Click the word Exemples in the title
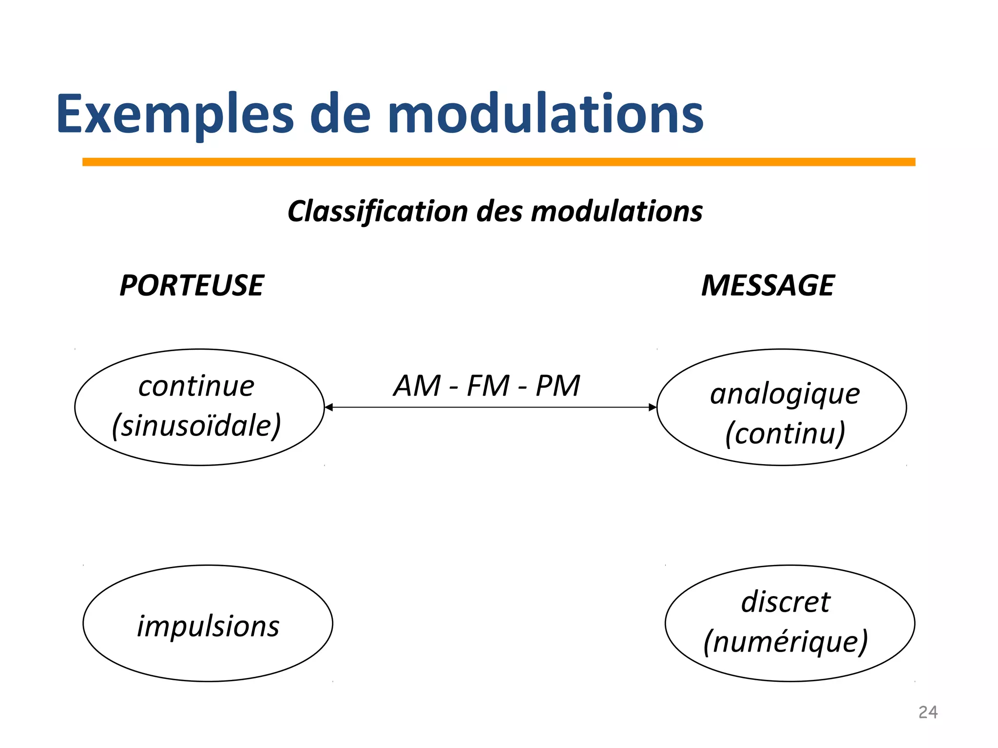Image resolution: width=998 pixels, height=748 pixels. (x=174, y=114)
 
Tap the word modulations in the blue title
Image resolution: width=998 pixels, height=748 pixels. (x=546, y=114)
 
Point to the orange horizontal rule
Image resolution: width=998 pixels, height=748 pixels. (x=499, y=162)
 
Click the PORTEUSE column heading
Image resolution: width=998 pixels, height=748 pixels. (x=192, y=285)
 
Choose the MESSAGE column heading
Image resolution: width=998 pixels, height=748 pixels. (x=768, y=285)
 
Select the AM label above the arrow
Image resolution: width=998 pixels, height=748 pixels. (x=417, y=386)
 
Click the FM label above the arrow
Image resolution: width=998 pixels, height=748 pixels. (x=488, y=386)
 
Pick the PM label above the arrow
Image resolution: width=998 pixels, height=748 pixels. (x=558, y=386)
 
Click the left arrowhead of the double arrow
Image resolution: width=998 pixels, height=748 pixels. (x=328, y=407)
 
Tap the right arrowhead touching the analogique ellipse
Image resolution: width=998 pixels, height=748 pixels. (x=653, y=407)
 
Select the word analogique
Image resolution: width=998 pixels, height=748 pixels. (x=785, y=394)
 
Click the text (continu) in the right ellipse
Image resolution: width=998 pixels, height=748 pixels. (x=785, y=433)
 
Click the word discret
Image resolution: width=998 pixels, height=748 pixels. (x=786, y=602)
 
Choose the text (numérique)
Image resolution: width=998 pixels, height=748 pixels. (x=786, y=642)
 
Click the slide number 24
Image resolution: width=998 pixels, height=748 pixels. (x=928, y=712)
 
